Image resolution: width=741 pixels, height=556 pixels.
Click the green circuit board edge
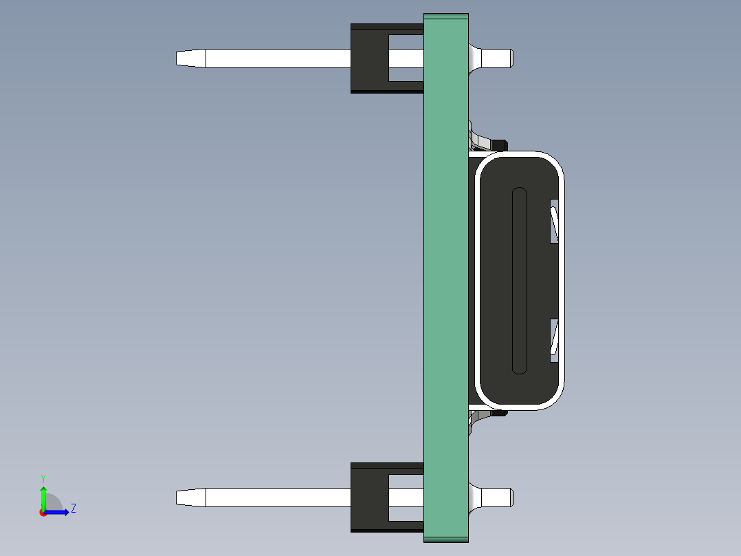pos(446,275)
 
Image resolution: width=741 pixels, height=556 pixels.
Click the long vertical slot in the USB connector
pos(520,281)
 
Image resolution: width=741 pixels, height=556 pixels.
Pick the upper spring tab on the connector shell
pos(555,224)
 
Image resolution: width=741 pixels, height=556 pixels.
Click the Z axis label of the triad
pos(74,509)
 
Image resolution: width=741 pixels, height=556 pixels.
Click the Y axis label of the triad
pos(43,478)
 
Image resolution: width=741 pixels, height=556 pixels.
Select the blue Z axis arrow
pos(58,512)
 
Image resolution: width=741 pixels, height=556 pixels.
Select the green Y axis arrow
pos(43,497)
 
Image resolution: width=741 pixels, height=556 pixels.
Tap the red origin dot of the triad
pos(43,513)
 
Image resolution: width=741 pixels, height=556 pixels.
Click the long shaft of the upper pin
pos(275,58)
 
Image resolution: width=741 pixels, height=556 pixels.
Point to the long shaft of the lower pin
pos(275,498)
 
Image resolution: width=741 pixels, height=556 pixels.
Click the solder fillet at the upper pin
pos(474,58)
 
